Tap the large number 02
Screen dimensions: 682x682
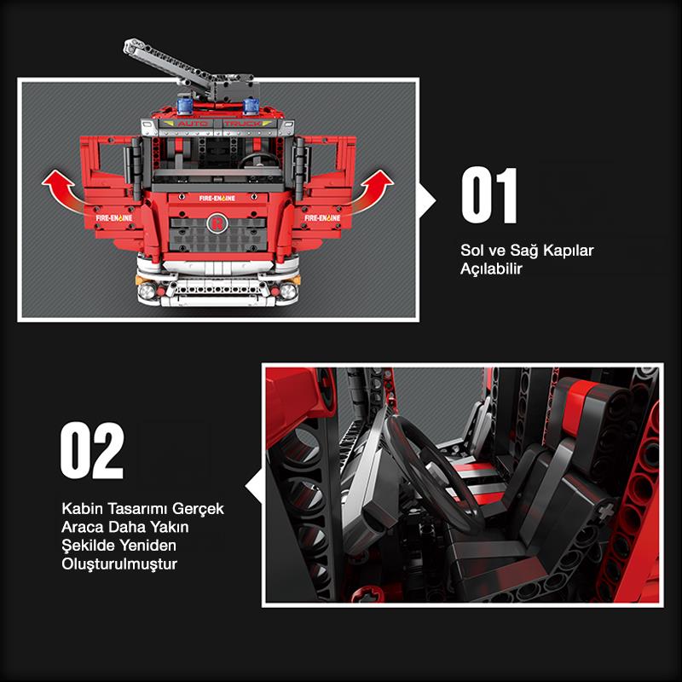pos(92,450)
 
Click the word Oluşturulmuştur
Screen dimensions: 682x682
pos(118,564)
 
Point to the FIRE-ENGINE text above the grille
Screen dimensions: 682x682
pos(217,198)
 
